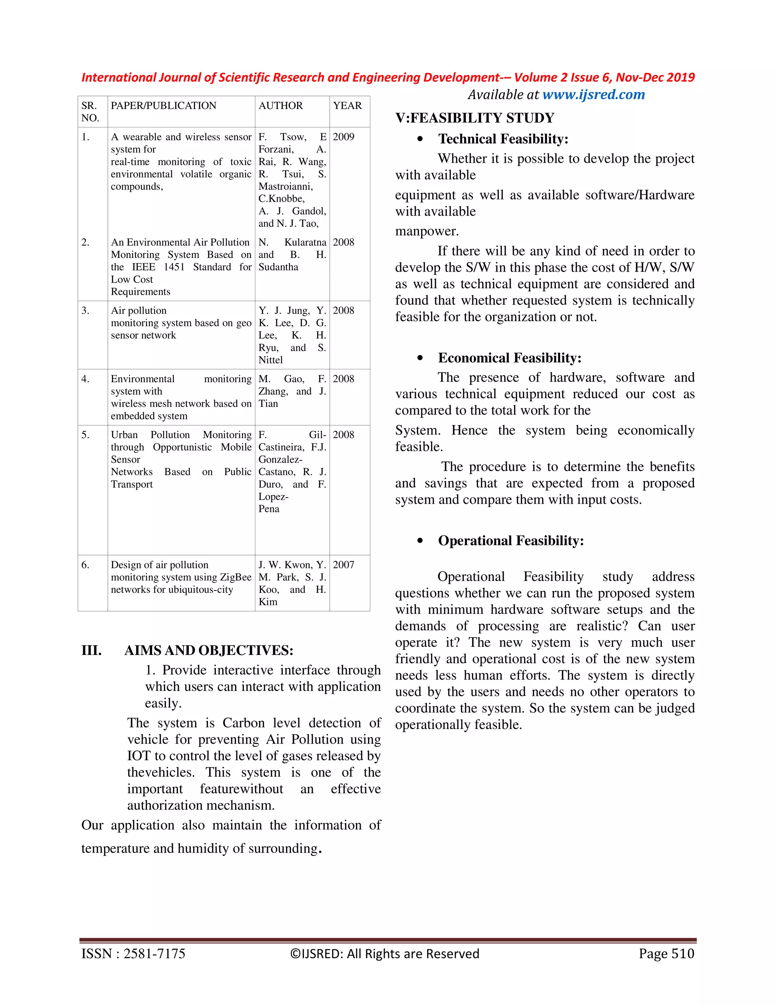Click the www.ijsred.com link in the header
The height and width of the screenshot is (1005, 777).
593,95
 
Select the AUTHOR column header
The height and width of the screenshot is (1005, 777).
280,106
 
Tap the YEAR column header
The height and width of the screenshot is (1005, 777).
347,106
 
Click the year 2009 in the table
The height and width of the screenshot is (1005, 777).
343,137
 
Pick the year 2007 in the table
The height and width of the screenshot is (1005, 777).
343,565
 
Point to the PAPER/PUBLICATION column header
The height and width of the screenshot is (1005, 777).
164,106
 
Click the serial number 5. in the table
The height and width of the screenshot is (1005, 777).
85,435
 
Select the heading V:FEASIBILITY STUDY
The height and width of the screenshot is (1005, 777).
475,118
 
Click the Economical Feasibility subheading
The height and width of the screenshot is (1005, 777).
510,358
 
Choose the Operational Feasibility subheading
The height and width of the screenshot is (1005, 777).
511,541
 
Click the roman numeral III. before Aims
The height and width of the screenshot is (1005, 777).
91,651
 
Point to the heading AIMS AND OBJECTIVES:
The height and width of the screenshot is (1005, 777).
209,651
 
